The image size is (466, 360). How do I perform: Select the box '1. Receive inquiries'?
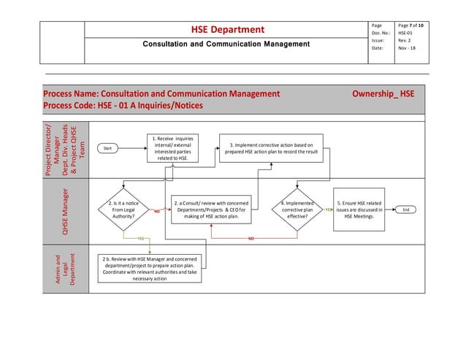(x=173, y=148)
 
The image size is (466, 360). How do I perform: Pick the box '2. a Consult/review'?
(x=211, y=210)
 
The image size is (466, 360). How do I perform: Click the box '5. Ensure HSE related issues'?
(x=359, y=210)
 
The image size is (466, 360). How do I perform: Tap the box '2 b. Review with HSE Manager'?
(x=150, y=267)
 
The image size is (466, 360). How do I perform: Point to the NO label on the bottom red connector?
(x=251, y=238)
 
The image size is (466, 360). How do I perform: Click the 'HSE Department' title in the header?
(x=227, y=30)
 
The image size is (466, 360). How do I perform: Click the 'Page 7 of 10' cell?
(x=414, y=26)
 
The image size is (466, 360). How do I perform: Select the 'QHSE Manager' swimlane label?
(x=66, y=212)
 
